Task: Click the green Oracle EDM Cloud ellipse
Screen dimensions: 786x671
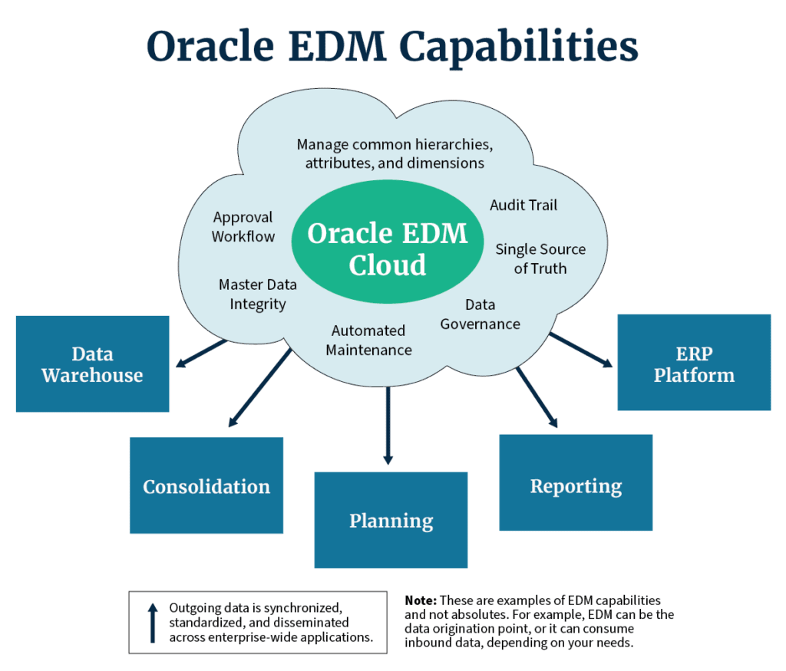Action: pyautogui.click(x=388, y=242)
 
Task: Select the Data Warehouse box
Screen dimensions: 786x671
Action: pyautogui.click(x=93, y=364)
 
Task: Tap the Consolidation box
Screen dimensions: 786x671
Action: pyautogui.click(x=206, y=485)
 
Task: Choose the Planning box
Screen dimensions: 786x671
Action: pyautogui.click(x=391, y=520)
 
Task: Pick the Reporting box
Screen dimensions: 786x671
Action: pyautogui.click(x=576, y=482)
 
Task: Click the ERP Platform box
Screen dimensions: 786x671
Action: pyautogui.click(x=694, y=363)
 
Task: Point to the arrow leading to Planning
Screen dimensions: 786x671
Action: pyautogui.click(x=388, y=426)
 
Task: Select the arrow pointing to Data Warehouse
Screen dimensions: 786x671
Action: pyautogui.click(x=201, y=354)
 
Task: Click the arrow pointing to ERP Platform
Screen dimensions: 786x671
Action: pyautogui.click(x=582, y=350)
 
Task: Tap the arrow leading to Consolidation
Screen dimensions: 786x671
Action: pyautogui.click(x=259, y=387)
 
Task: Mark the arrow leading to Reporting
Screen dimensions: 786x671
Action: pyautogui.click(x=537, y=397)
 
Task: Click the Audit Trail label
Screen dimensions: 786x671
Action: pyautogui.click(x=523, y=205)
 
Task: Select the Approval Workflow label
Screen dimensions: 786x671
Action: pyautogui.click(x=243, y=227)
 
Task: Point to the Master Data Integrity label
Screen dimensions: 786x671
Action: pyautogui.click(x=258, y=294)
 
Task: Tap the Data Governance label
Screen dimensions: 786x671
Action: pyautogui.click(x=481, y=314)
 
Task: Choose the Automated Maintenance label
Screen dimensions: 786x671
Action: pyautogui.click(x=368, y=340)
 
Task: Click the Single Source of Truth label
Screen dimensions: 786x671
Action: pyautogui.click(x=540, y=259)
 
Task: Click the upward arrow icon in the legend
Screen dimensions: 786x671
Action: pyautogui.click(x=153, y=623)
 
